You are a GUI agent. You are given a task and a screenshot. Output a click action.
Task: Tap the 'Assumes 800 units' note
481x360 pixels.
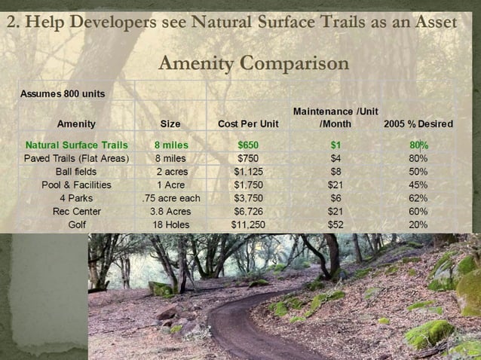[62, 93]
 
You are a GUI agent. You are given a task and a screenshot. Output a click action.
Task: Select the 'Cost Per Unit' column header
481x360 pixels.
[247, 124]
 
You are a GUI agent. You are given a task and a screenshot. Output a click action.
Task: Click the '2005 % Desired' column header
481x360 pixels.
[418, 124]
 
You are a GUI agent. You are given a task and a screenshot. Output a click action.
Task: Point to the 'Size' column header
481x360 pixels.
[170, 124]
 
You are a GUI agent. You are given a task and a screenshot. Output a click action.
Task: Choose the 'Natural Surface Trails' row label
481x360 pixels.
[76, 145]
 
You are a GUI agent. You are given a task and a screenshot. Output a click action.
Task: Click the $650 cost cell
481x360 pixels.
[247, 145]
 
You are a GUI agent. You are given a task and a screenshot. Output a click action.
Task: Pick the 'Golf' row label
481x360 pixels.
[77, 224]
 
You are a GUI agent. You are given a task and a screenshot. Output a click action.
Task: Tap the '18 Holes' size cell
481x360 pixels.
[170, 224]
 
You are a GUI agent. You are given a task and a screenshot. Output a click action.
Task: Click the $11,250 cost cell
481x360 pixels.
[247, 224]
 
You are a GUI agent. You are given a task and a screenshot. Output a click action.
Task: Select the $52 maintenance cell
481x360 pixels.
[335, 224]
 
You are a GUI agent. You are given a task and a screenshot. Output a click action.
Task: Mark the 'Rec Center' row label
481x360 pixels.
[77, 212]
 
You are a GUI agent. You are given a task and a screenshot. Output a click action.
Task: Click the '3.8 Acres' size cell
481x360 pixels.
[170, 212]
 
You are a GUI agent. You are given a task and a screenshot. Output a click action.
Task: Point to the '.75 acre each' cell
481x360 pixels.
[170, 198]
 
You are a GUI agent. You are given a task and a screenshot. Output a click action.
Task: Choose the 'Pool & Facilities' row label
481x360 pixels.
[76, 185]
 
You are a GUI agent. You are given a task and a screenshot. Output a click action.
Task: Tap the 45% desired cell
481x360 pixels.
[418, 185]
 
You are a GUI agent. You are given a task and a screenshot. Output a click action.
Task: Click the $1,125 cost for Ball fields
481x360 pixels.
[247, 172]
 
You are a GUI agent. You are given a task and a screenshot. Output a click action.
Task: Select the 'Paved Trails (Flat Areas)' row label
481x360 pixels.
[76, 158]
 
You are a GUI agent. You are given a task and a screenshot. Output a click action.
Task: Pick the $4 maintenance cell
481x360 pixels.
[335, 158]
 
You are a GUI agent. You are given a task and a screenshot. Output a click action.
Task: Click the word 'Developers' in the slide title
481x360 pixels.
[110, 22]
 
